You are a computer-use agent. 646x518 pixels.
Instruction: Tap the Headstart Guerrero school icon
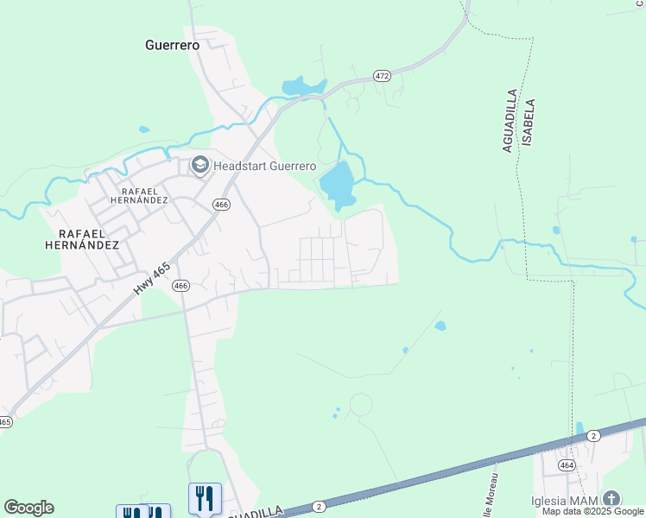[200, 165]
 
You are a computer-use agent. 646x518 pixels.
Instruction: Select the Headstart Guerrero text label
[264, 166]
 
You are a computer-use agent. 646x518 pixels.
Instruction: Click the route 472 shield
[383, 76]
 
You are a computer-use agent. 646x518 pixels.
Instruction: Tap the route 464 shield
[567, 464]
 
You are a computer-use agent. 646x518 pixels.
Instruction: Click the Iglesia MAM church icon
[611, 498]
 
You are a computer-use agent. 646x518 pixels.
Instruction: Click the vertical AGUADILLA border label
[510, 120]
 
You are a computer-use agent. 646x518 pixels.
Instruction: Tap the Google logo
[28, 508]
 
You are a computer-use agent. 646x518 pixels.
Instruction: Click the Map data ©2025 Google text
[593, 511]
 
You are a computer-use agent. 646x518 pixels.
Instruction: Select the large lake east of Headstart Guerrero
[338, 184]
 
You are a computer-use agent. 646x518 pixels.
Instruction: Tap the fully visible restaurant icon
[205, 498]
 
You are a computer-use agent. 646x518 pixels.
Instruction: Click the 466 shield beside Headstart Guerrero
[222, 205]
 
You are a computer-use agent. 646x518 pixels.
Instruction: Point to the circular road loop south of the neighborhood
[360, 404]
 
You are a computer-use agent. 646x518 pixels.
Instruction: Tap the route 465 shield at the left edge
[5, 422]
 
